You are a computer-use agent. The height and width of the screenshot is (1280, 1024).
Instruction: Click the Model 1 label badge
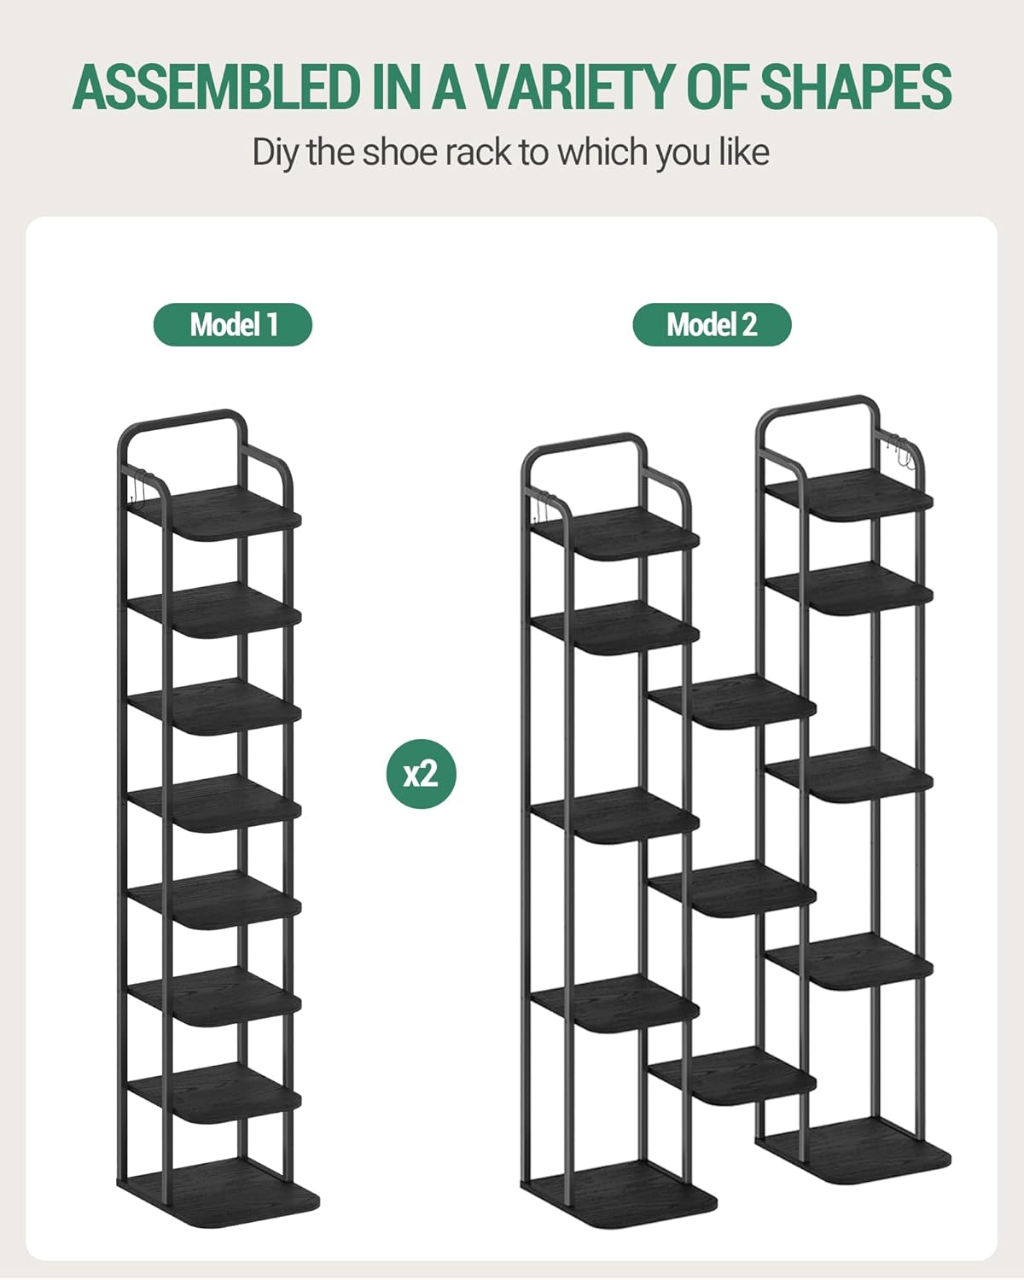coord(233,324)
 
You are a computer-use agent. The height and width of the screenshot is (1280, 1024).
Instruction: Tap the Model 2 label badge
coord(712,324)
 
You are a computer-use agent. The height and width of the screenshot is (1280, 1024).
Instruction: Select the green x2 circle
coord(422,774)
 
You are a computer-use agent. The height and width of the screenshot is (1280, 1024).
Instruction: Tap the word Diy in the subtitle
coord(274,154)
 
